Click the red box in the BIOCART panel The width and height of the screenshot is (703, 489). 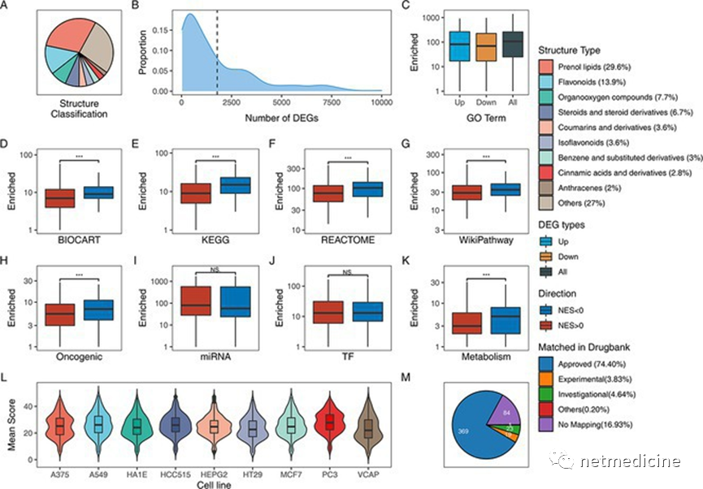tap(60, 197)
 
